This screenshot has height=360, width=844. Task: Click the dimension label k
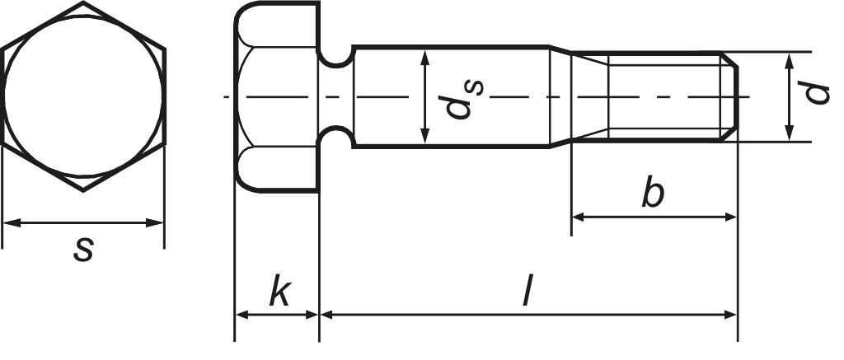tap(279, 293)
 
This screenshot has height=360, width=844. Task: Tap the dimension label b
tap(653, 195)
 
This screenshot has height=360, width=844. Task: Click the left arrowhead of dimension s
tap(10, 222)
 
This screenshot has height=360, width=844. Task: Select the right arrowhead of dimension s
tap(157, 222)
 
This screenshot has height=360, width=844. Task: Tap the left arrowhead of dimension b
tap(579, 217)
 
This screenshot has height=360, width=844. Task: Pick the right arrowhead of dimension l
tap(729, 314)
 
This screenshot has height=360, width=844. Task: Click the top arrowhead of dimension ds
tap(424, 57)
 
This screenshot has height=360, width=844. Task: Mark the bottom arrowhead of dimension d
tap(789, 133)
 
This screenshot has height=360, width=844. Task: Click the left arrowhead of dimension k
tap(242, 314)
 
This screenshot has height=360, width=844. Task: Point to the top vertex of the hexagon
tap(83, 2)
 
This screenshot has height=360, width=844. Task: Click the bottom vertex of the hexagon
tap(83, 191)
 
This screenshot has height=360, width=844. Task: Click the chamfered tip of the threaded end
tap(731, 97)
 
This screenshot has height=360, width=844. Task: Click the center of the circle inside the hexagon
tap(82, 96)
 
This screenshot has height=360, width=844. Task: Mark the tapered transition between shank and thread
tap(561, 97)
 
